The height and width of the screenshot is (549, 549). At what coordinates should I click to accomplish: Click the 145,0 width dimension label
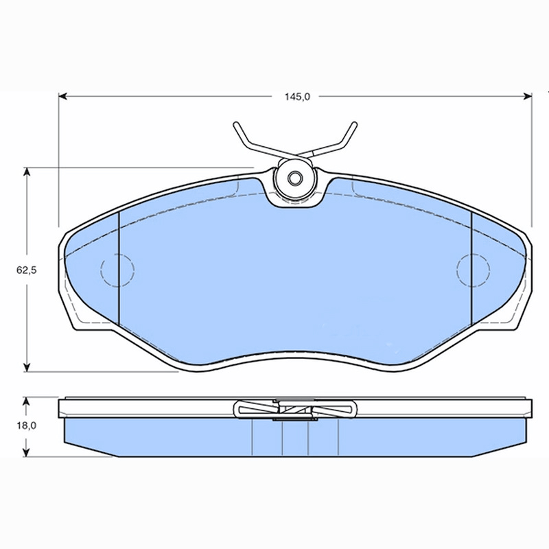(297, 97)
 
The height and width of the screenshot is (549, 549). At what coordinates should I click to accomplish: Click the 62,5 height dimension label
(27, 270)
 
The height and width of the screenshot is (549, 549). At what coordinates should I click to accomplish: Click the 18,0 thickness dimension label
(27, 425)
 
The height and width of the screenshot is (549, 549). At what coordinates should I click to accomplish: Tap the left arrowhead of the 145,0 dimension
(62, 96)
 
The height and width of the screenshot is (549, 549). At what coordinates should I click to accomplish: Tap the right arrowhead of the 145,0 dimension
(528, 96)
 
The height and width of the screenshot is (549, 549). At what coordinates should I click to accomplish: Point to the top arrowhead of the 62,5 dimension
(27, 172)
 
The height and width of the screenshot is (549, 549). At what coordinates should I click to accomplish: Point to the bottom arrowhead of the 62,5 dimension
(27, 367)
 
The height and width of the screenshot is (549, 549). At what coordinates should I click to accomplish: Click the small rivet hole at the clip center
(294, 178)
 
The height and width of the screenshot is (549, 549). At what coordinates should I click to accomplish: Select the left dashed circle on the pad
(117, 270)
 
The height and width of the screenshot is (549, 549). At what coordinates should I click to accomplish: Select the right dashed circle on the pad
(473, 270)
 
